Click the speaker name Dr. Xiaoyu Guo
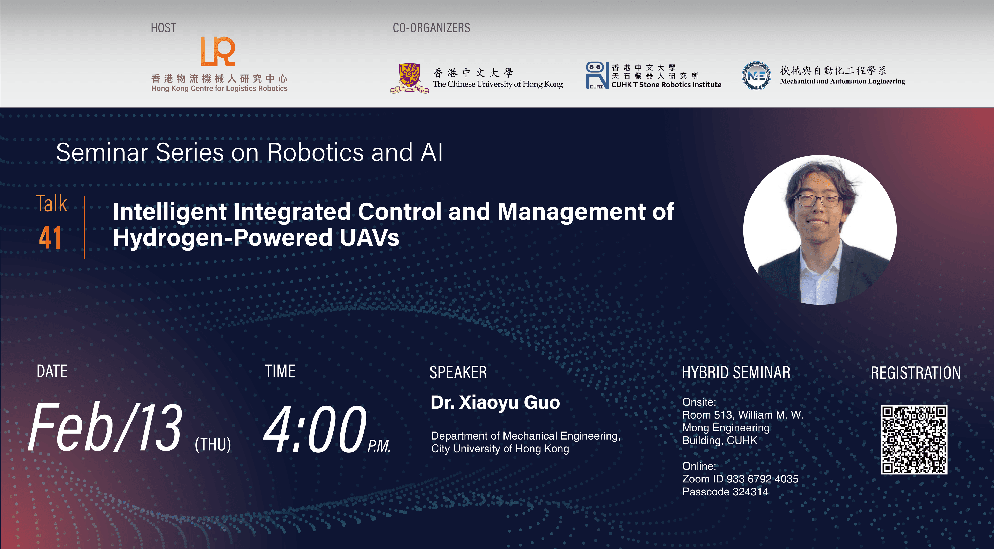tap(495, 402)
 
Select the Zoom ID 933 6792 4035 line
tap(740, 479)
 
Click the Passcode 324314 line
tap(725, 492)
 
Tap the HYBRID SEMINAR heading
tap(736, 373)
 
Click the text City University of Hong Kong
tap(500, 449)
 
